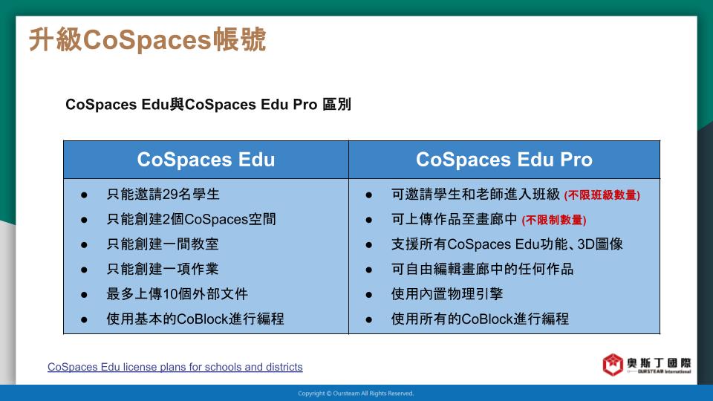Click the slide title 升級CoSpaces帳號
tap(147, 39)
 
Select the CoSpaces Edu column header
tap(206, 160)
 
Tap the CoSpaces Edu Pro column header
tap(504, 160)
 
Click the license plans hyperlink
tap(175, 367)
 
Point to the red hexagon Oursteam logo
tap(613, 365)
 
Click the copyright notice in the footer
tap(356, 394)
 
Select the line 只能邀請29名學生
tap(163, 195)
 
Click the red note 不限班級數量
tap(602, 195)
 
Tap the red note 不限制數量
tap(554, 221)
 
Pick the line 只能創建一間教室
tap(163, 244)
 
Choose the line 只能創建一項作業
tap(163, 269)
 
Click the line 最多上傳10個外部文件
tap(177, 294)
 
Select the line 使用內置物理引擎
tap(447, 294)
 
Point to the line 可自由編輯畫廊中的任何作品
tap(482, 269)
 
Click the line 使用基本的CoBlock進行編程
tap(195, 319)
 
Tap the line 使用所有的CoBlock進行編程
tap(480, 319)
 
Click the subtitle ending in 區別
tap(208, 105)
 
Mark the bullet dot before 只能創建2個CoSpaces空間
tap(84, 220)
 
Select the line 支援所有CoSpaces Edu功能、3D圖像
tap(507, 244)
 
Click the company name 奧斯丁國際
tap(659, 362)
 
